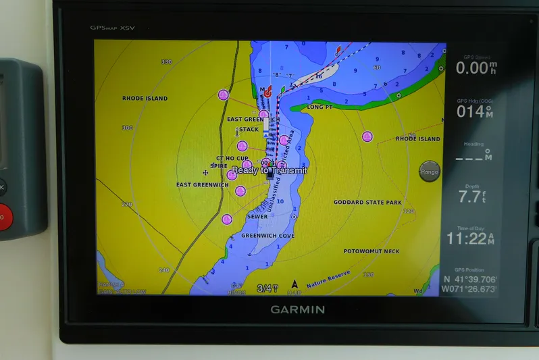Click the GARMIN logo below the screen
point(298,310)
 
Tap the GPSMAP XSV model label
point(112,28)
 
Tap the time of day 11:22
point(471,239)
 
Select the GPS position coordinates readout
point(470,284)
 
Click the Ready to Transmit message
point(269,171)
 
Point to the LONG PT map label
point(319,107)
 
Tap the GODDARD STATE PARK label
point(367,202)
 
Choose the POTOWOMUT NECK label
point(371,251)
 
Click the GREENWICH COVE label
point(268,236)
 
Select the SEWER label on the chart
point(257,217)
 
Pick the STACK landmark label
point(249,129)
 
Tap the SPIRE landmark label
point(219,165)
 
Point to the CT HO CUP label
point(232,158)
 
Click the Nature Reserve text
point(328,278)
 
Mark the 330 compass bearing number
point(167,62)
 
